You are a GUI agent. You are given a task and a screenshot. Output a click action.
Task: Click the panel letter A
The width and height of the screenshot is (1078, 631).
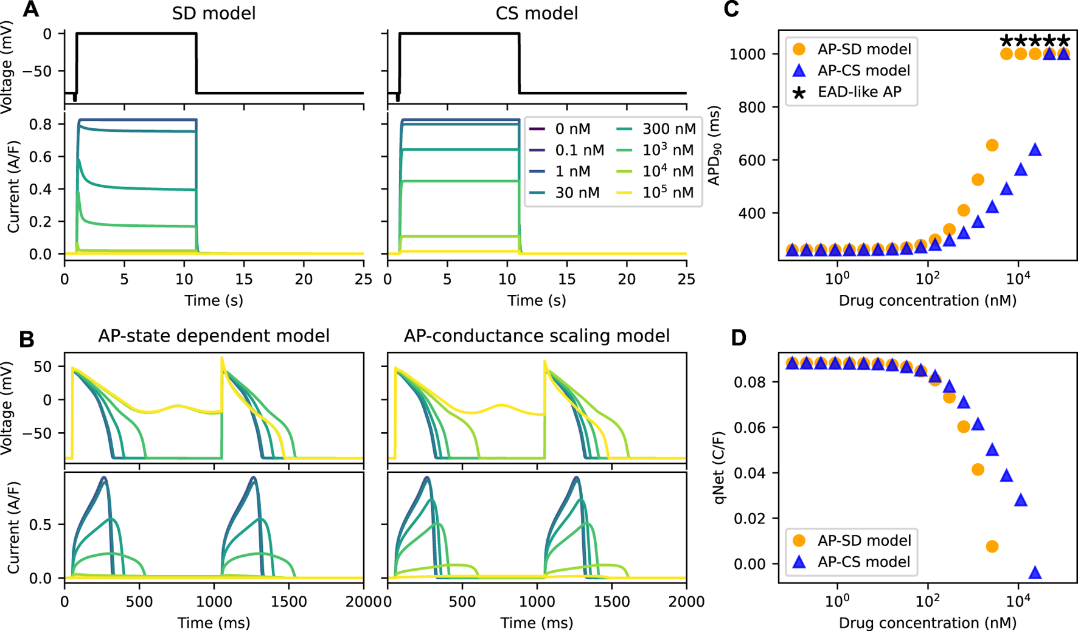(30, 10)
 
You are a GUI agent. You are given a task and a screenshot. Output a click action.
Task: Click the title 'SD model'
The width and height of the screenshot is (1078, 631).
(214, 13)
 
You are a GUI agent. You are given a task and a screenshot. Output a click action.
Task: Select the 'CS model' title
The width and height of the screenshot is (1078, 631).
(537, 13)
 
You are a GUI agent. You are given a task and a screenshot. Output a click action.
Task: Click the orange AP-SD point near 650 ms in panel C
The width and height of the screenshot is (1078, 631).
(992, 145)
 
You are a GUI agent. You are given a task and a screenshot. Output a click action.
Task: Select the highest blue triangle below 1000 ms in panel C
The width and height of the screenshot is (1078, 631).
(1035, 150)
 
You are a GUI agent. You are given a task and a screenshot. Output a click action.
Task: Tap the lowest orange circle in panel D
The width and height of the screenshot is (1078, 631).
(992, 547)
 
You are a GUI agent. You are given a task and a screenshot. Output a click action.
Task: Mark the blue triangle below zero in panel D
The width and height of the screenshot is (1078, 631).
(1035, 572)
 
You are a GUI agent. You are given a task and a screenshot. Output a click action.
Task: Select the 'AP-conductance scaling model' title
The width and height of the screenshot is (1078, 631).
(537, 336)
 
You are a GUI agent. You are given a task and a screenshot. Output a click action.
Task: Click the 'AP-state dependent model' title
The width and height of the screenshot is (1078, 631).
(214, 336)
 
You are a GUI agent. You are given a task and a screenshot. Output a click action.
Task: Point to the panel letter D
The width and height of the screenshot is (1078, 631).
(738, 338)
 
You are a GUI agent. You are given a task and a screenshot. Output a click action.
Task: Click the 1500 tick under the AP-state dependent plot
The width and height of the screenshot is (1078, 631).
(289, 601)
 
